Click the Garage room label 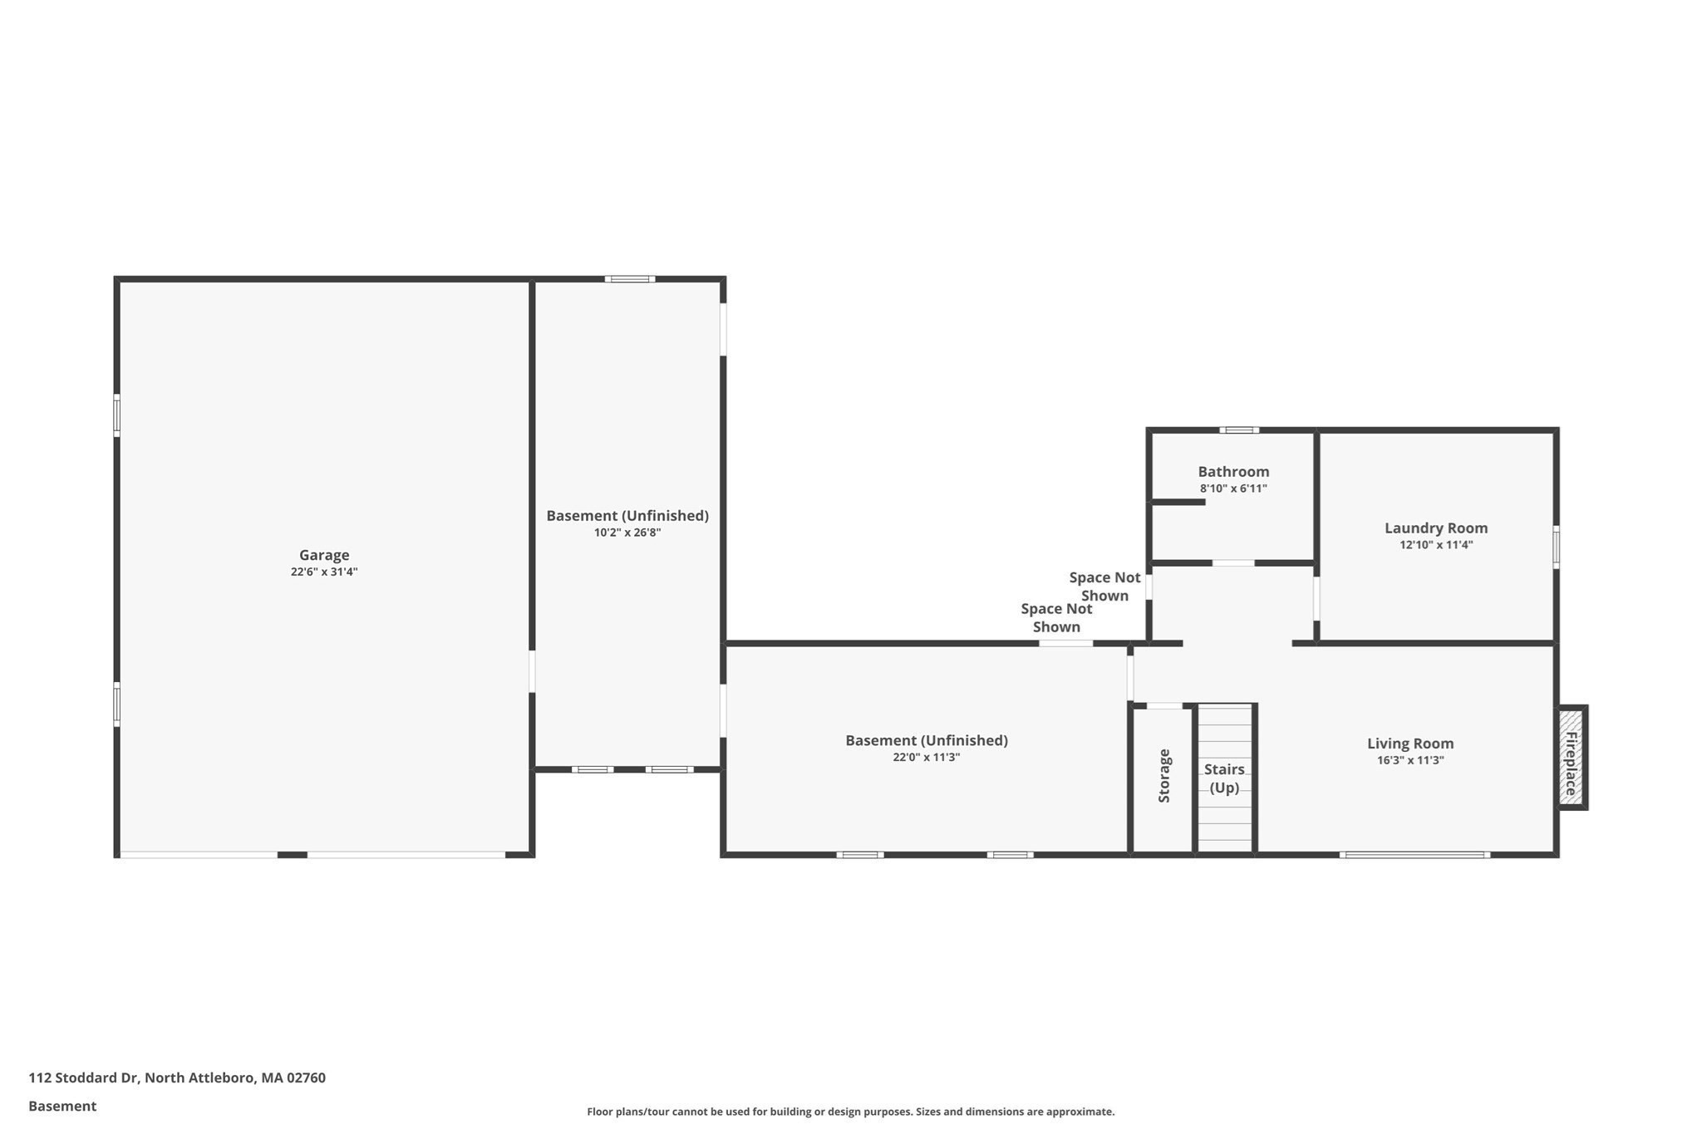point(324,555)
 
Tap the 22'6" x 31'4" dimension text point(324,572)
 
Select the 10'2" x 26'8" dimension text point(627,533)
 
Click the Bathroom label point(1233,472)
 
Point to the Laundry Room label point(1436,528)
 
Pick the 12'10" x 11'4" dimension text point(1436,545)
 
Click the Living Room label point(1410,744)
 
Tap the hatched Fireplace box point(1572,757)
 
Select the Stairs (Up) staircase point(1225,778)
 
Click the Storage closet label point(1164,776)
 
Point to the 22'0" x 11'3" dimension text point(927,757)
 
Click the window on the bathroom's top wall point(1239,430)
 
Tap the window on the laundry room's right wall point(1556,547)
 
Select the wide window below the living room point(1414,854)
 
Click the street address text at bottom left point(177,1078)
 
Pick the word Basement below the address point(62,1106)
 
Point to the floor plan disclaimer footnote point(851,1112)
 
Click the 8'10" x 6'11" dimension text point(1233,488)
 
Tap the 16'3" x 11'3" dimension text point(1410,760)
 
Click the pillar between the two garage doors point(292,854)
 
